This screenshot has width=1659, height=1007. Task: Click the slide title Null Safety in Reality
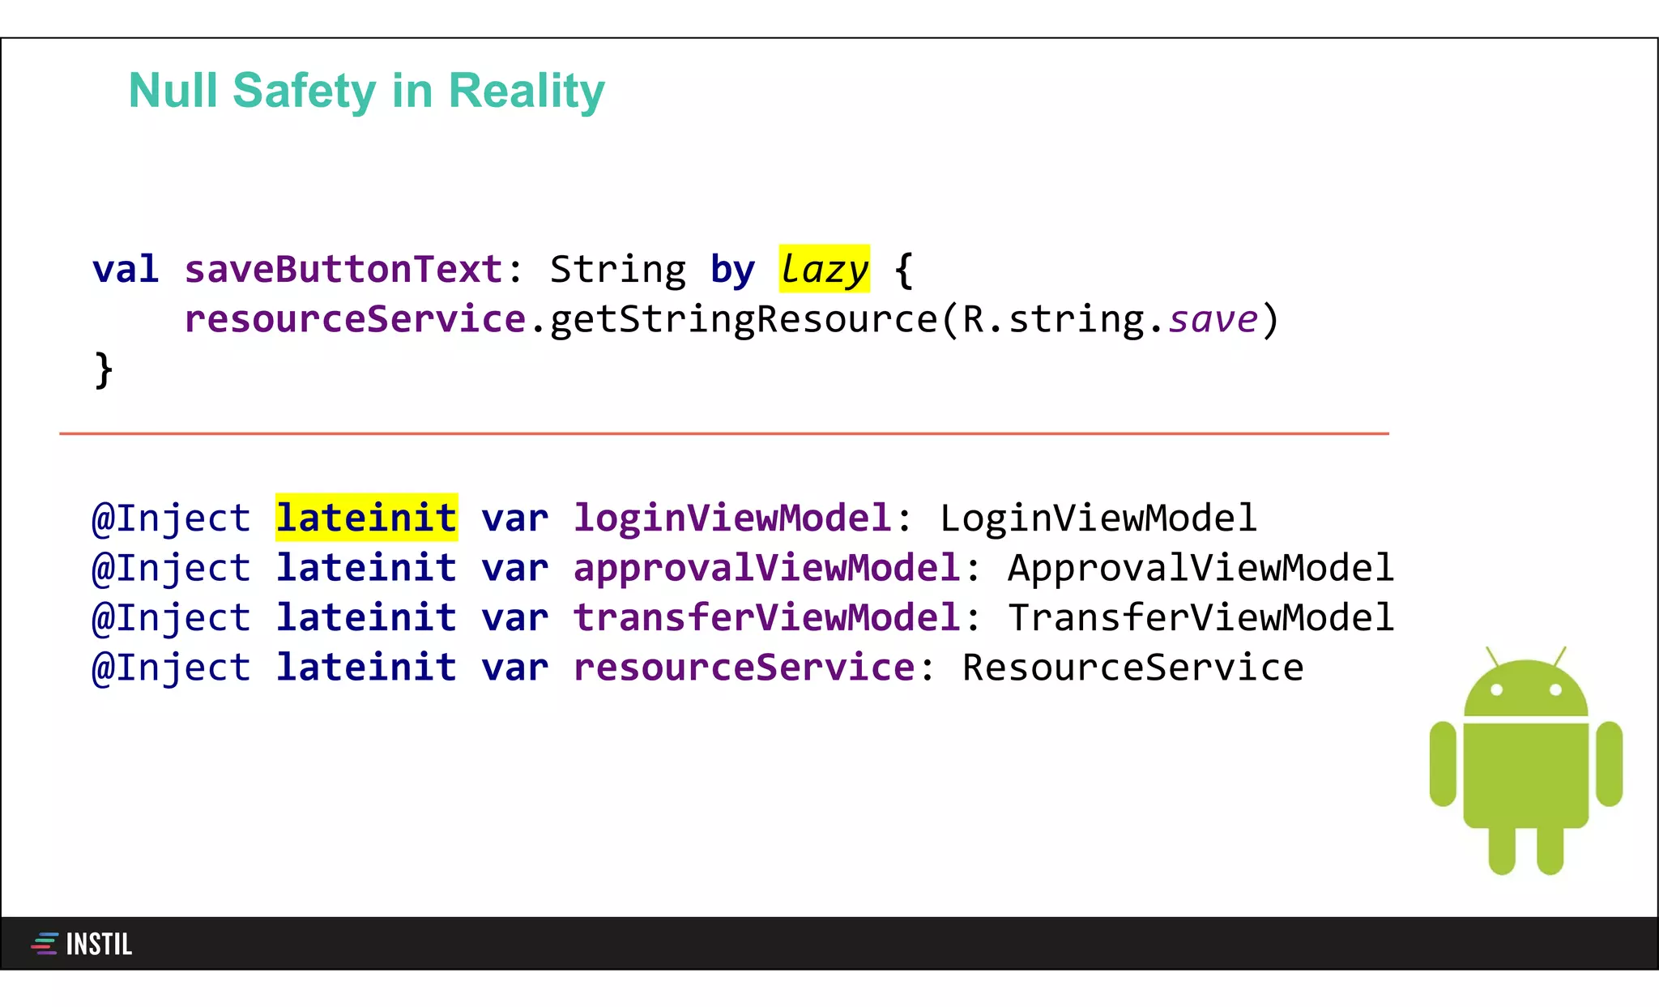tap(366, 91)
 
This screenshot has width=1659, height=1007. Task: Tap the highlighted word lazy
tap(824, 269)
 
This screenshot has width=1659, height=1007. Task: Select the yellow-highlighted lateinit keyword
tap(366, 518)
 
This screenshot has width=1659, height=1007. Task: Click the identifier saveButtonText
tap(343, 269)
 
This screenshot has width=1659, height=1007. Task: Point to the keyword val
tap(125, 269)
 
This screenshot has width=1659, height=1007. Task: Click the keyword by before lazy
tap(732, 271)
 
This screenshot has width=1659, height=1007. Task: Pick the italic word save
tap(1213, 319)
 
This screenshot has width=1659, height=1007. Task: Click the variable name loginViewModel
tap(732, 518)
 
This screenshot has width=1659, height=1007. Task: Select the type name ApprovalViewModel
tap(1201, 568)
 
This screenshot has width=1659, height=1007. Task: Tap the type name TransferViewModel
tap(1201, 617)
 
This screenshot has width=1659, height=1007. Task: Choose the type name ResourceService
tap(1132, 668)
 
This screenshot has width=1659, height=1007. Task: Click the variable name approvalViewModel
tap(766, 568)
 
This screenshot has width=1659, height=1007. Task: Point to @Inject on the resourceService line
tap(171, 668)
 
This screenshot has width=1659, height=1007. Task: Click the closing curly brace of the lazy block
tap(103, 369)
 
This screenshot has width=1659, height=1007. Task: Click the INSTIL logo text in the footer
tap(98, 944)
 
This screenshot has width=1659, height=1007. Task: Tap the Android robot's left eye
tap(1496, 689)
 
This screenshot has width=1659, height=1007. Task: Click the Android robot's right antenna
tap(1559, 655)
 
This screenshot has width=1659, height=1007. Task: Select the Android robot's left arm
tap(1443, 764)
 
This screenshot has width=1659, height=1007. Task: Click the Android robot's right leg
tap(1550, 851)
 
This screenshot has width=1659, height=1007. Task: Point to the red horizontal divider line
tap(723, 433)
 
